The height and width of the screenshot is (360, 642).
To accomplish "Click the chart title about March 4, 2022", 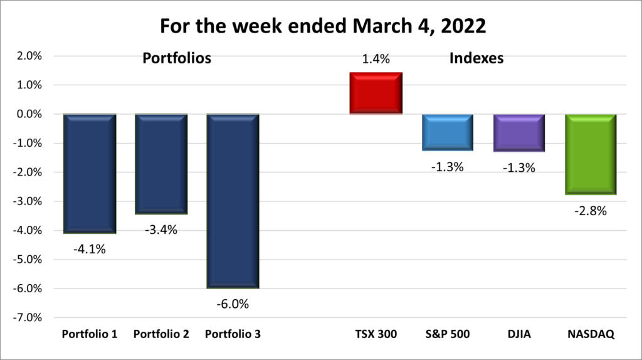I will click(320, 26).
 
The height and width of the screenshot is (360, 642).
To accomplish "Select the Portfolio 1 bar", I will click(90, 173).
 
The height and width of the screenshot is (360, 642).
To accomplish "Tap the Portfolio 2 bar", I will click(161, 164).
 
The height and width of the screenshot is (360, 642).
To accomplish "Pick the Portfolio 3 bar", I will click(233, 201).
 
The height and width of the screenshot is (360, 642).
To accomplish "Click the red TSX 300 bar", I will click(376, 93).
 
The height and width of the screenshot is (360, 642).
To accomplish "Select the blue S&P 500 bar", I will click(447, 132).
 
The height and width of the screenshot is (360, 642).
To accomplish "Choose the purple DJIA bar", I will click(518, 133).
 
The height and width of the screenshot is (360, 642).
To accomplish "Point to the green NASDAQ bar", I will click(591, 154).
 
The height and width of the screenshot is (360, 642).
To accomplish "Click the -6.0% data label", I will click(233, 304).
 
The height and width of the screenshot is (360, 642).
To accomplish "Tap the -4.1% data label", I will click(90, 249).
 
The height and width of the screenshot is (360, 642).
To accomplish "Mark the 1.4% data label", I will click(376, 60).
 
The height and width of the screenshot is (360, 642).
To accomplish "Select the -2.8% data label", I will click(591, 211).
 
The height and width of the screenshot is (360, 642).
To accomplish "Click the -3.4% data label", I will click(161, 230).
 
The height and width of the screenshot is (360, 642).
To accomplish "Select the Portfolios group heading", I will click(177, 59).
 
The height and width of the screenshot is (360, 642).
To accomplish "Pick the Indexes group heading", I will click(477, 59).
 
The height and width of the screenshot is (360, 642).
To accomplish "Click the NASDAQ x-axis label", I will click(591, 334).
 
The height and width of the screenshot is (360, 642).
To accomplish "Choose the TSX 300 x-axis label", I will click(376, 334).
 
